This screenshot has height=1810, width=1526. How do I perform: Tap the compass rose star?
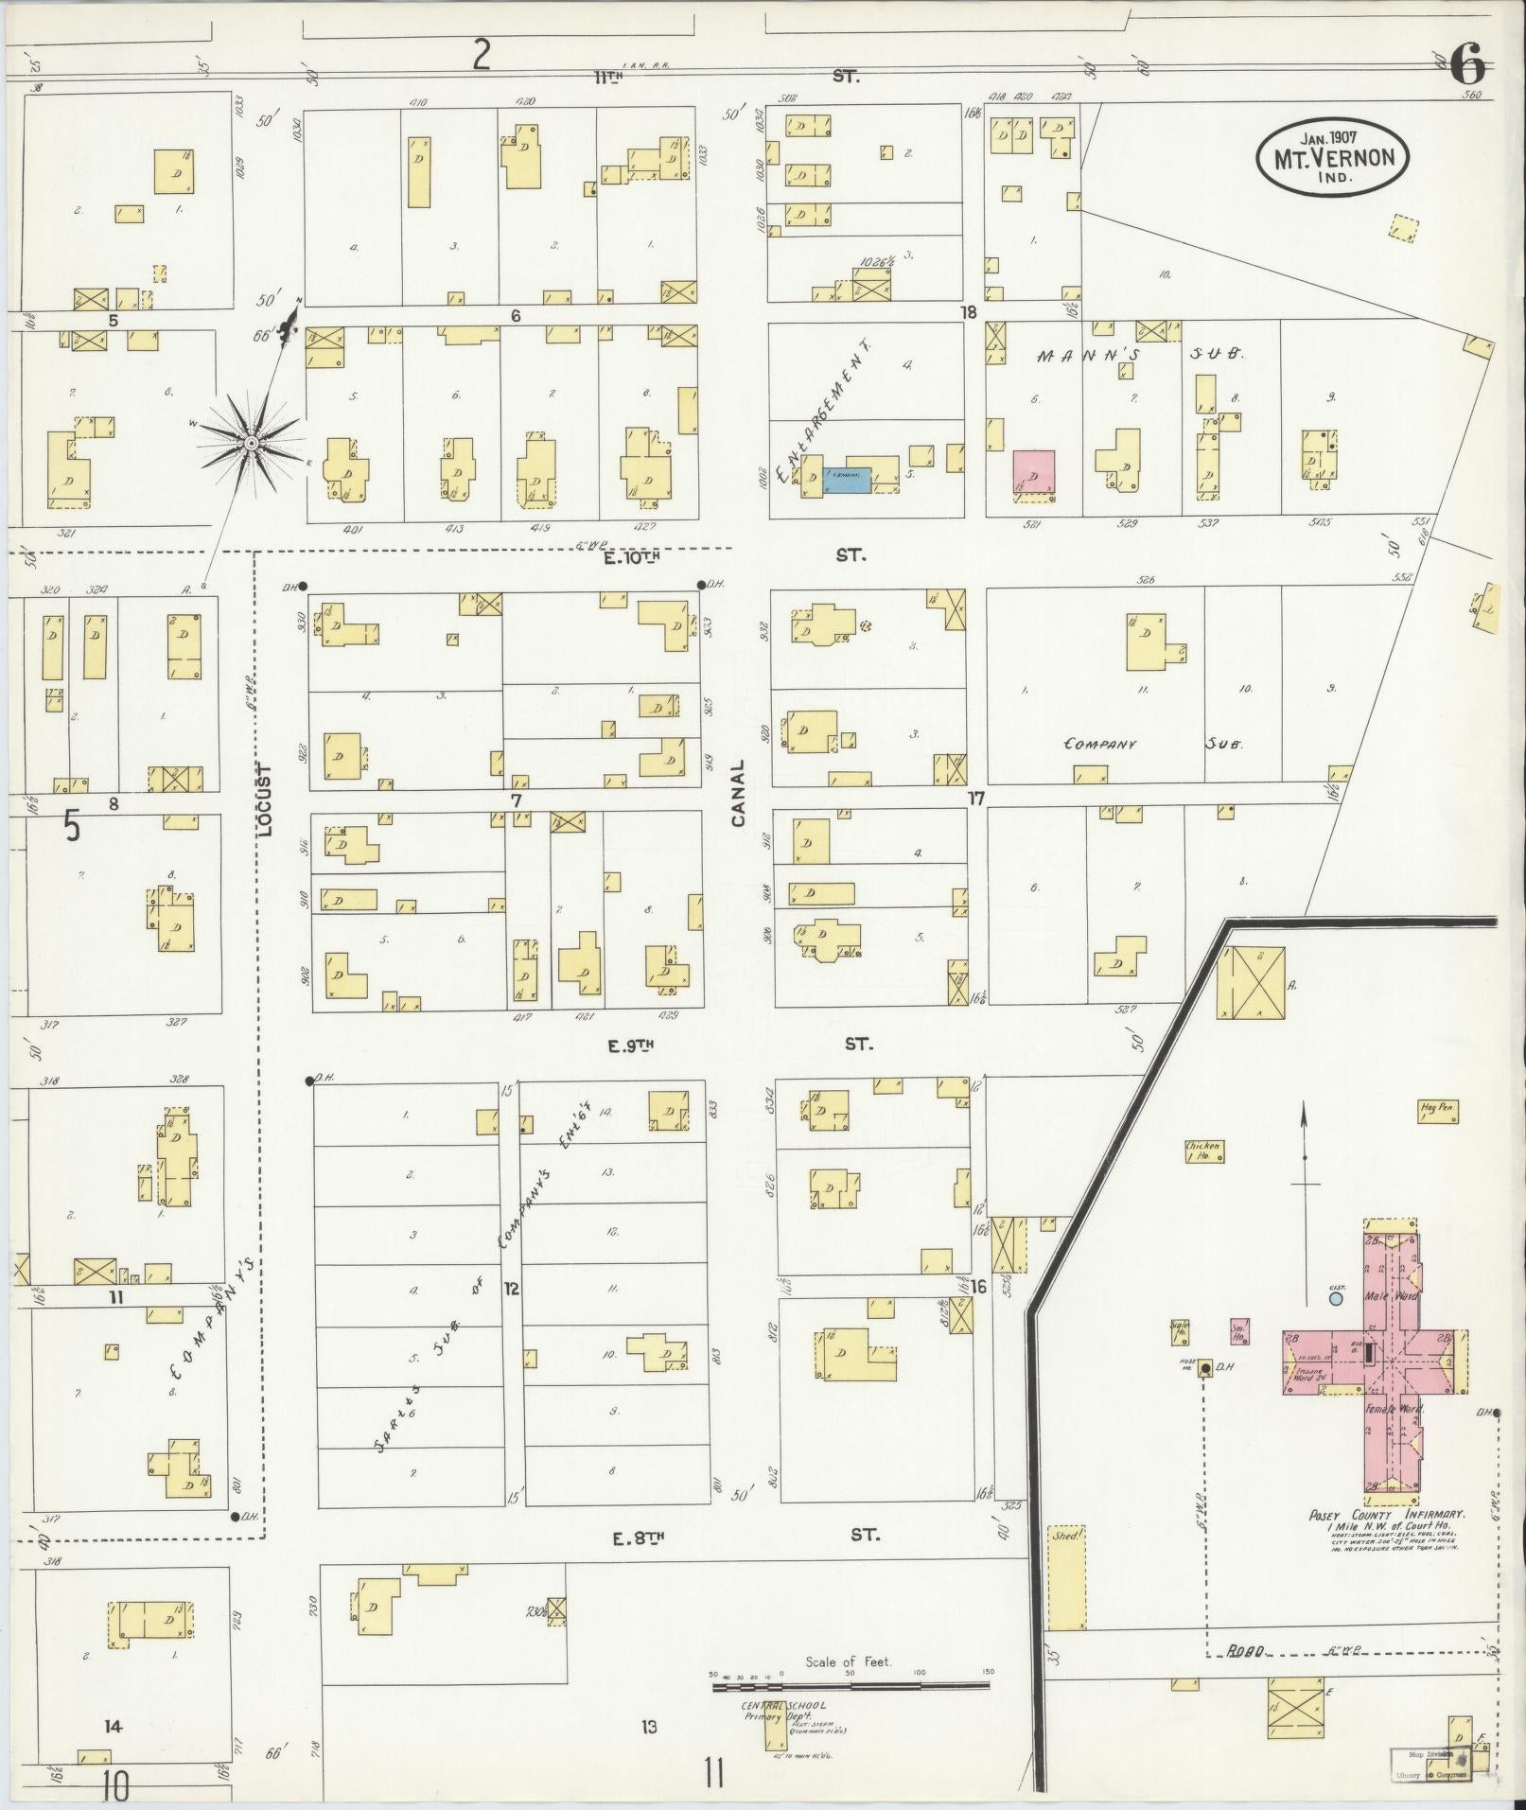click(252, 443)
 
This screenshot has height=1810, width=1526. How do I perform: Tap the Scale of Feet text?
click(849, 1661)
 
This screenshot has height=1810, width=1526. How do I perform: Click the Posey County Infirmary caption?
click(1387, 1515)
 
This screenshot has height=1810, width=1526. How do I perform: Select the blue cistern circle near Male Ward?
click(1335, 1299)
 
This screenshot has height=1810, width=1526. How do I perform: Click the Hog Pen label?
click(1435, 1107)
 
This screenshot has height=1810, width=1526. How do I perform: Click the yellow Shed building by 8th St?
click(1065, 1576)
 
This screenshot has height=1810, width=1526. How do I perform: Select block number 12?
click(511, 1288)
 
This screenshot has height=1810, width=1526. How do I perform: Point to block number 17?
click(975, 799)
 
